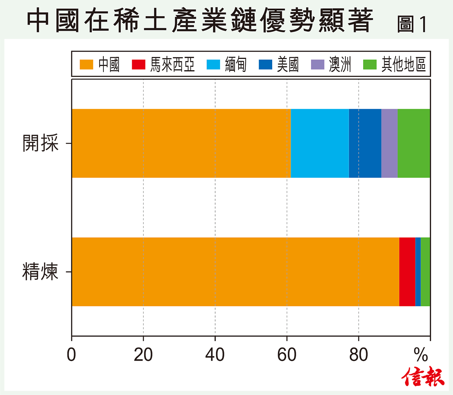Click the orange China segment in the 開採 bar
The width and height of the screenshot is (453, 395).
pos(181,143)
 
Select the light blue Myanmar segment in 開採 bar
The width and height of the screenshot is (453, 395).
pos(320,143)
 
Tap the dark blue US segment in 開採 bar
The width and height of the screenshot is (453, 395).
pos(365,143)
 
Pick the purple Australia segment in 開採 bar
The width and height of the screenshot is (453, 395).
pos(389,143)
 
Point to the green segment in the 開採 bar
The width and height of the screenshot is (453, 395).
pos(414,143)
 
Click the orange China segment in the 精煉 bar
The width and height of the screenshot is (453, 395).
pos(235,272)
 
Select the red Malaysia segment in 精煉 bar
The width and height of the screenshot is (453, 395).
pos(407,272)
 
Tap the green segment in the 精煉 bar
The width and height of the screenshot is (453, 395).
pos(425,272)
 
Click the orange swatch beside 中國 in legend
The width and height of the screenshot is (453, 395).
pos(86,65)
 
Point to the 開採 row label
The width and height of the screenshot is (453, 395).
pos(41,143)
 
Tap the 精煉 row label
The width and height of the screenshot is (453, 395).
pos(40,272)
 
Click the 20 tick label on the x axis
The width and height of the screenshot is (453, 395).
pos(143,355)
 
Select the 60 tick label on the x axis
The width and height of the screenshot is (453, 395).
pos(287,355)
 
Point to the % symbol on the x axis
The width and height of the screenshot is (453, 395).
pos(421,355)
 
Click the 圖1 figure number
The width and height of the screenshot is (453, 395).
pos(412,24)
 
